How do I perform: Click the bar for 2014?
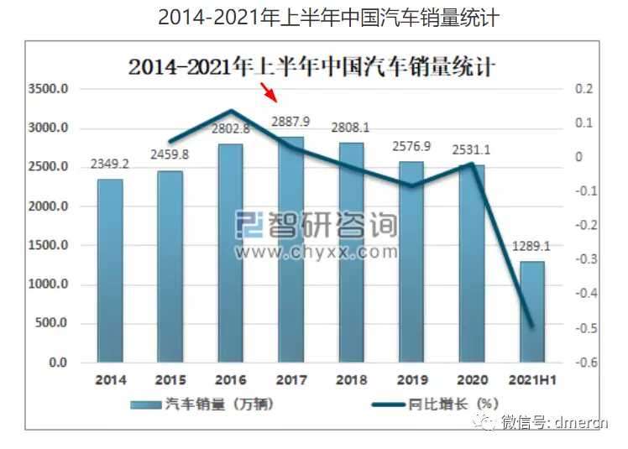pyautogui.click(x=110, y=271)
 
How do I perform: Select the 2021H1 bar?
pyautogui.click(x=532, y=312)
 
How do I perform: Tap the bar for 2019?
pyautogui.click(x=411, y=262)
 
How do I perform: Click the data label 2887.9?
pyautogui.click(x=290, y=122)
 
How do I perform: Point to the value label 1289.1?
pyautogui.click(x=531, y=247)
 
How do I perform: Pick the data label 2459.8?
pyautogui.click(x=170, y=154)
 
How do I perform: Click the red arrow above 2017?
pyautogui.click(x=269, y=92)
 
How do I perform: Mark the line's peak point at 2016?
pyautogui.click(x=231, y=110)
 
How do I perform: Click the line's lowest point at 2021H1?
pyautogui.click(x=532, y=326)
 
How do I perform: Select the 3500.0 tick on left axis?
pyautogui.click(x=48, y=89)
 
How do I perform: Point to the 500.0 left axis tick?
pyautogui.click(x=51, y=323)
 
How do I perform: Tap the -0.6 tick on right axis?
pyautogui.click(x=586, y=363)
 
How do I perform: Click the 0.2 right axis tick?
pyautogui.click(x=584, y=88)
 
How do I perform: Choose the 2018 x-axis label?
pyautogui.click(x=351, y=379)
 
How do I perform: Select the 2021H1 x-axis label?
pyautogui.click(x=532, y=379)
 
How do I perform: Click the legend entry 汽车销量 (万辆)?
pyautogui.click(x=202, y=405)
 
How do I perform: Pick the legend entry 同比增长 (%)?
pyautogui.click(x=435, y=405)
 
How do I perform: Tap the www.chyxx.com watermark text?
pyautogui.click(x=317, y=252)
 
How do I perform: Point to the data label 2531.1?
pyautogui.click(x=471, y=149)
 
